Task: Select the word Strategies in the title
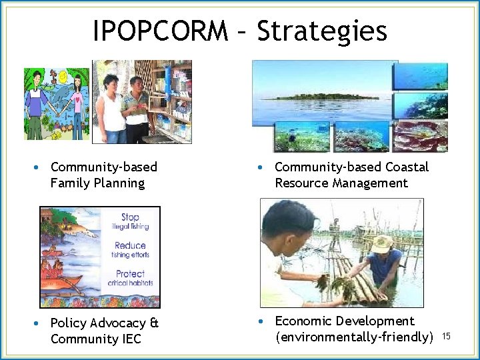[x=322, y=31]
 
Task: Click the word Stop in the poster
[x=130, y=217]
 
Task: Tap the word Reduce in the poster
[x=130, y=245]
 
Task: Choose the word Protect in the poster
[x=130, y=273]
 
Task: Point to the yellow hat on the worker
[x=381, y=243]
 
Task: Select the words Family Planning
[x=97, y=183]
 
